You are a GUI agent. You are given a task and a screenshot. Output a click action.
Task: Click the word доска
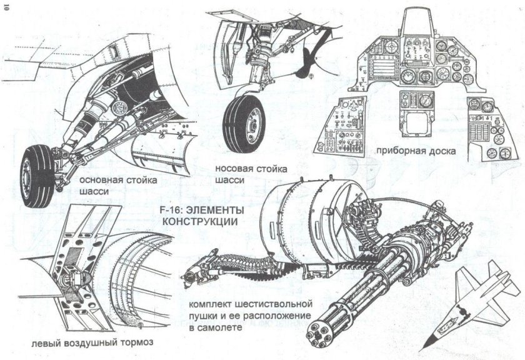(440, 151)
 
